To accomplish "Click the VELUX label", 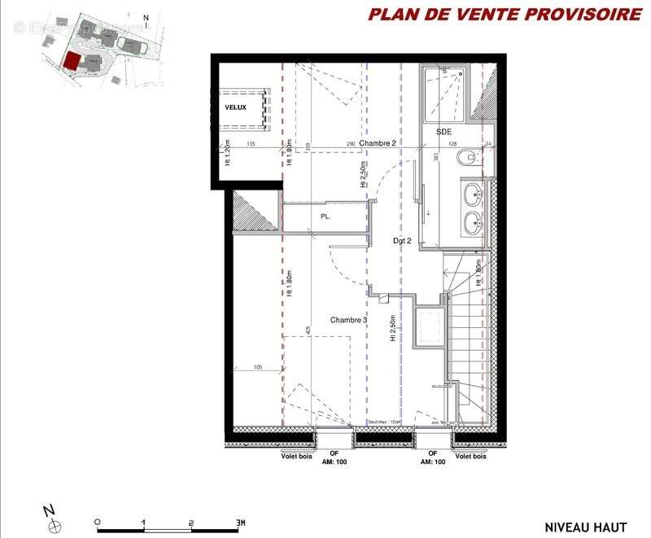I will (x=235, y=107).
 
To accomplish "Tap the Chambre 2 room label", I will (x=378, y=143).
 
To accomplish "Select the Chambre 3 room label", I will (x=348, y=321).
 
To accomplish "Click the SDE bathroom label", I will (x=443, y=131).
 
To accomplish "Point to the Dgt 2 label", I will (x=404, y=240).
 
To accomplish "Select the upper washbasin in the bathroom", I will (x=472, y=194).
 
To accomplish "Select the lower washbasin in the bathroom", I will (x=472, y=221).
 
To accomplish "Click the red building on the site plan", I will (x=72, y=62).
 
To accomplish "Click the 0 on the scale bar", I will (x=97, y=522).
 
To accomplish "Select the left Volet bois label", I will (x=295, y=456).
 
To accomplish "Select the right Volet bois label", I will (x=472, y=456).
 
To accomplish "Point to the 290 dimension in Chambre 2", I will (x=350, y=144).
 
